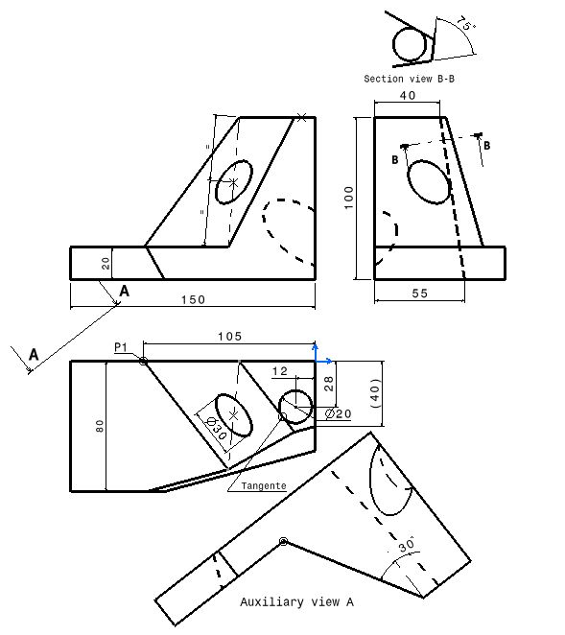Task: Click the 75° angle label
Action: (x=466, y=25)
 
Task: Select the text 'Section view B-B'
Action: (x=409, y=79)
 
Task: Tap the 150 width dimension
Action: (x=193, y=299)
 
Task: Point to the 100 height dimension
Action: (x=349, y=197)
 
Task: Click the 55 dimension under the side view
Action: (x=419, y=294)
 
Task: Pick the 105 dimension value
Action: (x=229, y=336)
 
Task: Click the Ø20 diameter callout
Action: (x=339, y=413)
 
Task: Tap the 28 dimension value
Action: (x=329, y=384)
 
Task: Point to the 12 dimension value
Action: (x=280, y=370)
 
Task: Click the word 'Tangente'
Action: (x=264, y=486)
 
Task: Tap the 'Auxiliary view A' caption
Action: (x=296, y=602)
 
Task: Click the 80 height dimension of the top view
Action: (x=99, y=425)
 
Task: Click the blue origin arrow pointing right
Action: (x=327, y=361)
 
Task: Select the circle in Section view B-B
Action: (x=410, y=45)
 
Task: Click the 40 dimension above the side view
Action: (x=407, y=96)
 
